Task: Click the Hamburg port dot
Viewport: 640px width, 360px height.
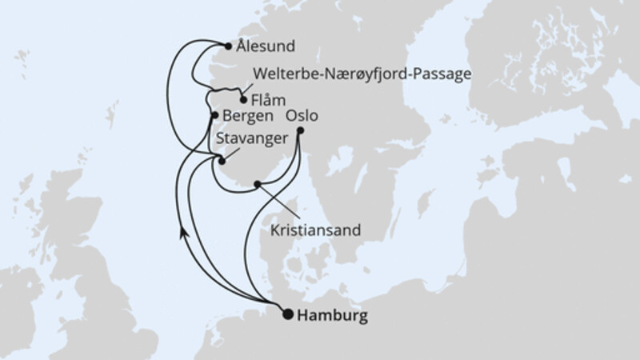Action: point(288,314)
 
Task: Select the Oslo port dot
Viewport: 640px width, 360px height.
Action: point(300,130)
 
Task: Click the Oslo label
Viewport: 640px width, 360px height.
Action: point(314,115)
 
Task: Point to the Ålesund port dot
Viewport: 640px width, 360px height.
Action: point(229,46)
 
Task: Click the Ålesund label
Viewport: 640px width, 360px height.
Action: point(266,46)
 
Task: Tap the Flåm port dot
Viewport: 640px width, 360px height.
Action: point(242,100)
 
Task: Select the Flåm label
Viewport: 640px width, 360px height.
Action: point(266,101)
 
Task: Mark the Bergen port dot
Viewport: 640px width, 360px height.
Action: point(214,116)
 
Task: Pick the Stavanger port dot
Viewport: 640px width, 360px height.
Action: point(222,161)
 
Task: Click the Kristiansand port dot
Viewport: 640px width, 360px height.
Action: point(257,185)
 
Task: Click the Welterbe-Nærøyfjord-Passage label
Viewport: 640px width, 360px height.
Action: point(361,74)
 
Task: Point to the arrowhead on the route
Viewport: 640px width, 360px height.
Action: point(184,231)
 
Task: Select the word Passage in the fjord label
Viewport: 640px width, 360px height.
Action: point(440,74)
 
